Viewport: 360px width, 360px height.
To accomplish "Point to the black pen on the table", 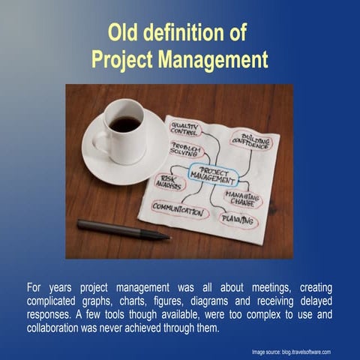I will pyautogui.click(x=123, y=229).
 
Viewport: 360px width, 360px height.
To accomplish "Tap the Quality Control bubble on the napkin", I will pyautogui.click(x=184, y=129).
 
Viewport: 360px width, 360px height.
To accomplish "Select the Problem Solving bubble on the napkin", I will pyautogui.click(x=184, y=149).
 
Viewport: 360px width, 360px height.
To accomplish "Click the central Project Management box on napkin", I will pyautogui.click(x=213, y=175).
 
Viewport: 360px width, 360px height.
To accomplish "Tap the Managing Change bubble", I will pyautogui.click(x=243, y=198).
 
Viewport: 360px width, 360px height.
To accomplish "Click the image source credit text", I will pyautogui.click(x=291, y=351).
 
